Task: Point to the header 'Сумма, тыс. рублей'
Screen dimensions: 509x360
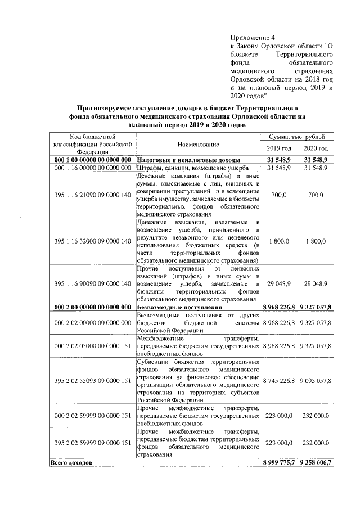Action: click(297, 137)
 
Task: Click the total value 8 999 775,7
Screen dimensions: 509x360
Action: click(279, 462)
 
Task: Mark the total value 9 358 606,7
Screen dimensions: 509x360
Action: click(316, 462)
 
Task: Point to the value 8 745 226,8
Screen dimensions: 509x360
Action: click(279, 381)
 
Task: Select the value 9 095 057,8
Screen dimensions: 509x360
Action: click(316, 381)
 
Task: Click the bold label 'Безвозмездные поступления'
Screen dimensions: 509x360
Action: click(179, 308)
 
